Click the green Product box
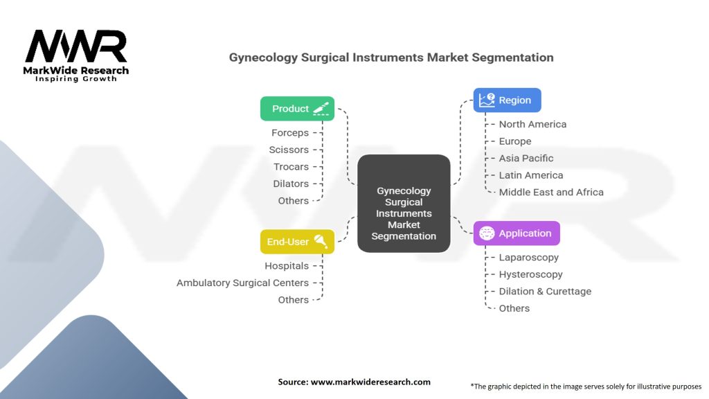coord(297,109)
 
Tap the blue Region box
coord(507,100)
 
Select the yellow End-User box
coord(297,242)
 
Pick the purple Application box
coord(517,233)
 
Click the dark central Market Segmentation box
coord(404,204)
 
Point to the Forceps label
coord(290,132)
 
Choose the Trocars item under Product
coord(291,166)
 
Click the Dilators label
coord(291,184)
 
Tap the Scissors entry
coord(289,150)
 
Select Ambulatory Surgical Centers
coord(242,283)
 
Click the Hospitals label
coord(287,266)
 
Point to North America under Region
coord(532,124)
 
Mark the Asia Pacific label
coord(526,159)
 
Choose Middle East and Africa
coord(551,193)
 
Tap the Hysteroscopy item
coord(530,274)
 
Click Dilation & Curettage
coord(545,292)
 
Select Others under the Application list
coord(514,308)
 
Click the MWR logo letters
coord(76,46)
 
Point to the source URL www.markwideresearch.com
coord(370,382)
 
